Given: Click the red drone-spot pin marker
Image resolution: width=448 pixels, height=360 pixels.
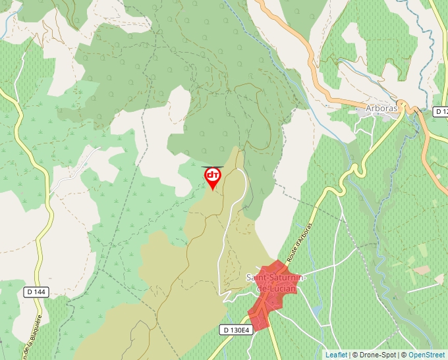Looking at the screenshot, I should coord(212,176).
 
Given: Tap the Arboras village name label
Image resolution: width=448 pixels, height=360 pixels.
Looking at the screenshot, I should coord(381,109).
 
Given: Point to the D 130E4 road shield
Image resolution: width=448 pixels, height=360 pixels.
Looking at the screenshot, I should coord(237,330).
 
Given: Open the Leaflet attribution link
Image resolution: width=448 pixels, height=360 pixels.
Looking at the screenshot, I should coord(336,355).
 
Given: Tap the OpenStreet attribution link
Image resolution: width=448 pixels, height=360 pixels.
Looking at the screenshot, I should coord(428,355).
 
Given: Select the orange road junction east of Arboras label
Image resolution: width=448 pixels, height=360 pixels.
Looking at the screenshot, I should coord(416,111).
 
